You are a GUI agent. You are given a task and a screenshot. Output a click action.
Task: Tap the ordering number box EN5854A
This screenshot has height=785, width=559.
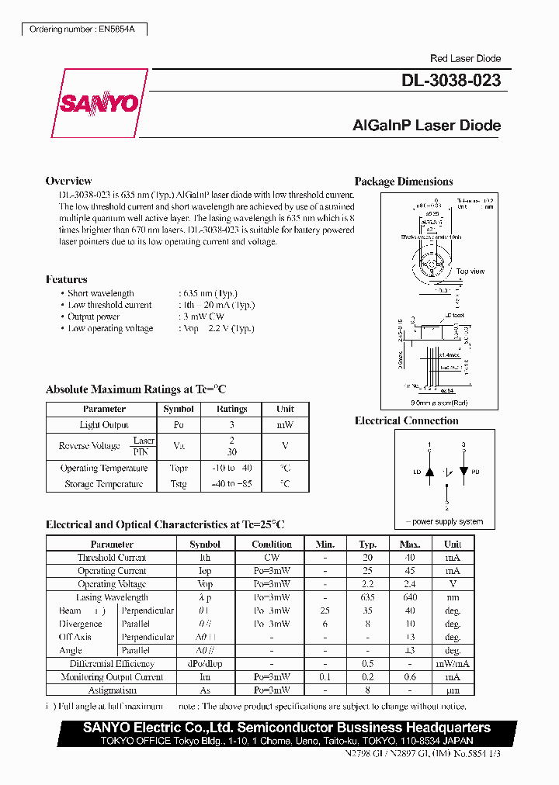point(82,29)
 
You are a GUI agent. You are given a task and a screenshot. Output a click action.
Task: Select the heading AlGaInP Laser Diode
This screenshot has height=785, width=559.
point(426,126)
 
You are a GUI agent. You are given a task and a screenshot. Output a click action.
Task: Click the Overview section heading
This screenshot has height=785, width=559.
point(68,181)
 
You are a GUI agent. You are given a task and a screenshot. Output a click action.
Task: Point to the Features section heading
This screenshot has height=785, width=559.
point(67,279)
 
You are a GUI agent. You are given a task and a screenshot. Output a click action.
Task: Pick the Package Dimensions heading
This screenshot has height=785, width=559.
point(404,182)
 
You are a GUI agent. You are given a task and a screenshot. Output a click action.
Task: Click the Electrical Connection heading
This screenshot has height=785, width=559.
point(406,420)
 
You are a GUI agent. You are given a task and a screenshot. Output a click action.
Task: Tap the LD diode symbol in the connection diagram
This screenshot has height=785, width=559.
point(429,471)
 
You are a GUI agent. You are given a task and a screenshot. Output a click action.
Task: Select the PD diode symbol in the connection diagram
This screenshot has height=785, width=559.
point(464,471)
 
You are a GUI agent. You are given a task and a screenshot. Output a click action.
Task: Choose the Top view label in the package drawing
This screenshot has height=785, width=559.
point(470,271)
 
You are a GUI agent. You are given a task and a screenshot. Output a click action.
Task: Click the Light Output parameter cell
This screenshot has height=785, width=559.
point(104,425)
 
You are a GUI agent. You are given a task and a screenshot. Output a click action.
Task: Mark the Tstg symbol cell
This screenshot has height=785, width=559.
point(179,484)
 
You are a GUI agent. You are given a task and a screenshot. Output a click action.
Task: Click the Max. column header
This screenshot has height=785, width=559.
point(410,545)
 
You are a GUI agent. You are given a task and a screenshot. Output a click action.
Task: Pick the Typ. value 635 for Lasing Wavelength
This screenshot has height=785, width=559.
point(367,597)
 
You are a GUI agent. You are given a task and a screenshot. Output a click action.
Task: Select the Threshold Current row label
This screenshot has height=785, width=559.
point(112,558)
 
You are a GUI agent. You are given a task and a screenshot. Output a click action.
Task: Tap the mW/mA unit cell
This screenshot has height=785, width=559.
point(452,664)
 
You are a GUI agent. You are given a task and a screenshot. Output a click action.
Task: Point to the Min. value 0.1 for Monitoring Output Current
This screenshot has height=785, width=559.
point(325,677)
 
